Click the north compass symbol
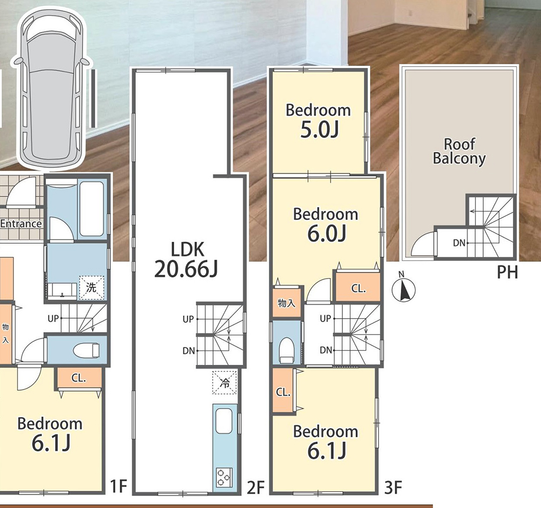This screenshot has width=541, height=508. (404, 289)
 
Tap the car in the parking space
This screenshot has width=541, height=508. (52, 89)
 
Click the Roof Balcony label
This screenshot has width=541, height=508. (459, 151)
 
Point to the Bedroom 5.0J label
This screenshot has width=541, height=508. (318, 121)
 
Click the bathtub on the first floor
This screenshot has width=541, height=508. (92, 208)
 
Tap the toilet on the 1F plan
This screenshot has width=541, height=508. (86, 350)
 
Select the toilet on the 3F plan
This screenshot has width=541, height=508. (286, 350)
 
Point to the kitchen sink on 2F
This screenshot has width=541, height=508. (223, 421)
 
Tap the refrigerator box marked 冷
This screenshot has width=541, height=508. (225, 382)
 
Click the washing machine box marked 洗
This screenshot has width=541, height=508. (91, 287)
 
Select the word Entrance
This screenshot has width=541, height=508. (21, 223)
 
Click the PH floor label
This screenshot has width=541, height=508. (507, 272)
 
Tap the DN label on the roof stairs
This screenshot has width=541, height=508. (459, 243)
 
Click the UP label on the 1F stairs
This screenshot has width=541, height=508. (53, 318)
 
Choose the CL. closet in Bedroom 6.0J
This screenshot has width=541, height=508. (359, 288)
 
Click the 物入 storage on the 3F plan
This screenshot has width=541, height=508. (287, 303)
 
